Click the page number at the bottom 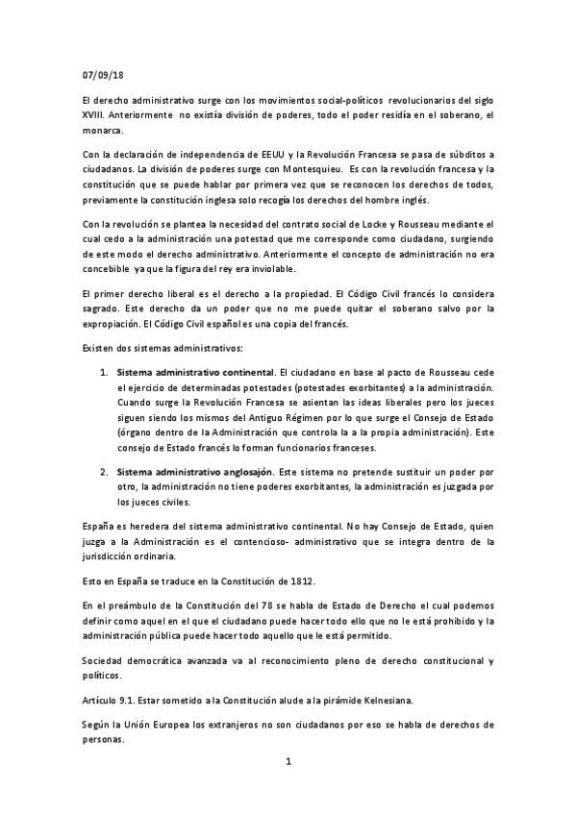coord(288,762)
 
